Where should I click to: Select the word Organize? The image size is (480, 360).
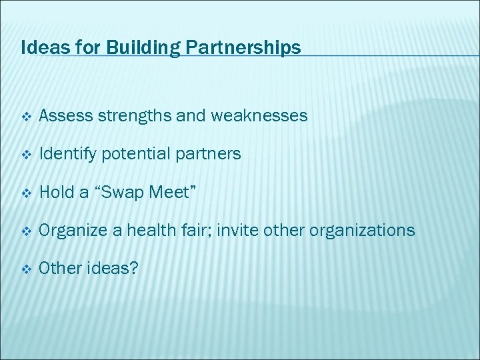click(x=70, y=231)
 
